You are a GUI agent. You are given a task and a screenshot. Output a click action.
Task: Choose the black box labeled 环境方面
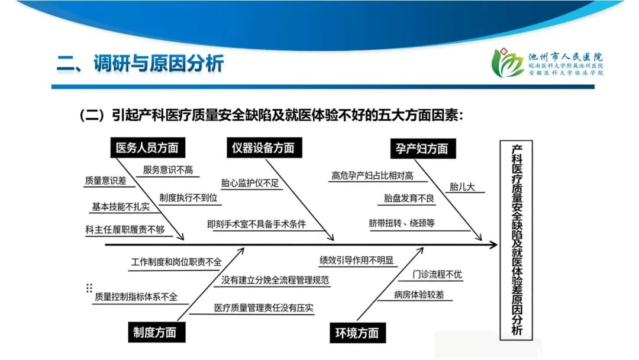353,333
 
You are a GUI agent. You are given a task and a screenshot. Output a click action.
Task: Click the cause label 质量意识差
105,181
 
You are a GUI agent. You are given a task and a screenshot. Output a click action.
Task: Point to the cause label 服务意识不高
168,169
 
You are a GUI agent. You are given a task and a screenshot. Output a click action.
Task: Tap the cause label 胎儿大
462,187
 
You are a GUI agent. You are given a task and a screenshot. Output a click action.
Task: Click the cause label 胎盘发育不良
409,198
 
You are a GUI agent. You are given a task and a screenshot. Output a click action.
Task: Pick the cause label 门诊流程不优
438,274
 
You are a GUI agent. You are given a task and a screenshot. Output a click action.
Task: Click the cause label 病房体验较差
418,294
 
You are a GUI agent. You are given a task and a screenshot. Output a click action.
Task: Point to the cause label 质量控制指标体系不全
135,297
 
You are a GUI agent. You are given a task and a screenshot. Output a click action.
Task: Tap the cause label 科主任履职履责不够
125,229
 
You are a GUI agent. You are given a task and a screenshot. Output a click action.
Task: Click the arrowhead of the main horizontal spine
492,245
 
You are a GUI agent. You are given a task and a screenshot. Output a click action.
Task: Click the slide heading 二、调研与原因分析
140,64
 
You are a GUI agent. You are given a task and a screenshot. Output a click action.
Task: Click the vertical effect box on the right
517,240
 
